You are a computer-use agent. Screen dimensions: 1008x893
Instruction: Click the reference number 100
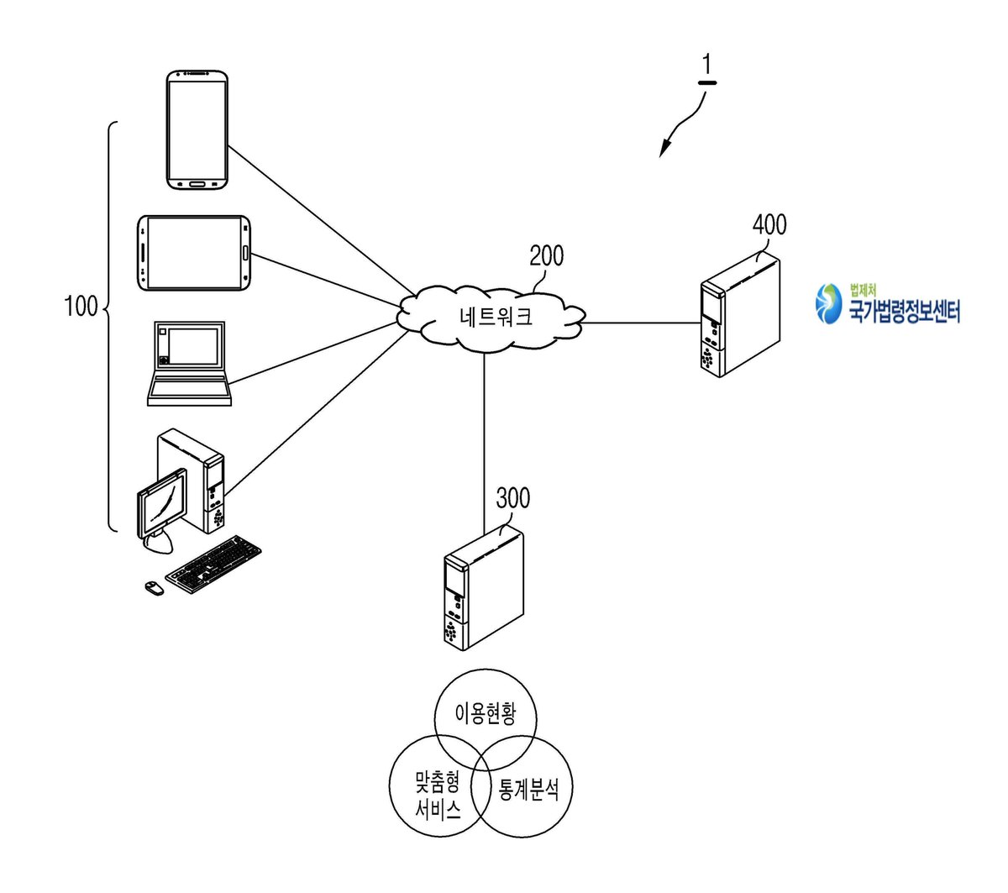click(81, 306)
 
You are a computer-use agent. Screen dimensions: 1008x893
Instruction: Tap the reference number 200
click(546, 256)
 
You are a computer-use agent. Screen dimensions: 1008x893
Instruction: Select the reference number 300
click(513, 498)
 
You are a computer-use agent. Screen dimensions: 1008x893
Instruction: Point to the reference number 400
click(769, 224)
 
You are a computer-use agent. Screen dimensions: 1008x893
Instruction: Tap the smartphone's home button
click(197, 184)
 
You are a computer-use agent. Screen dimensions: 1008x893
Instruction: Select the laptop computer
click(189, 363)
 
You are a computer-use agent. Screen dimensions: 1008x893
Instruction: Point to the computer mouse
click(155, 588)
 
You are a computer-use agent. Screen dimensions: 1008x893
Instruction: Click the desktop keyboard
click(213, 565)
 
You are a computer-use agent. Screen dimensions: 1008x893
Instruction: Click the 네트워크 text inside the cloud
click(496, 317)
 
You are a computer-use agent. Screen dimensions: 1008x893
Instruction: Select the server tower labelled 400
click(740, 314)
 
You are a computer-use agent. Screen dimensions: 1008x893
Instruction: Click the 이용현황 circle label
click(486, 713)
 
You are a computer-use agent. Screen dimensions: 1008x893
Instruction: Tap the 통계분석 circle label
click(528, 789)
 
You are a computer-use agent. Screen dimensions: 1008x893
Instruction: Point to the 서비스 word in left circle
click(438, 811)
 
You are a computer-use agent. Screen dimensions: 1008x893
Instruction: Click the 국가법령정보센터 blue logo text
click(904, 312)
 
